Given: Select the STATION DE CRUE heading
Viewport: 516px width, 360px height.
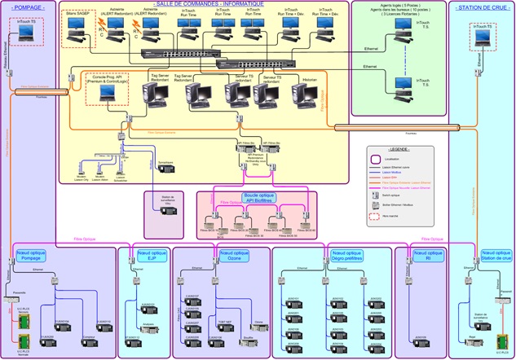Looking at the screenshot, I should [480, 7].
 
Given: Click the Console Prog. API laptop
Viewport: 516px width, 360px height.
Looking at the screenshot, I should [107, 92].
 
